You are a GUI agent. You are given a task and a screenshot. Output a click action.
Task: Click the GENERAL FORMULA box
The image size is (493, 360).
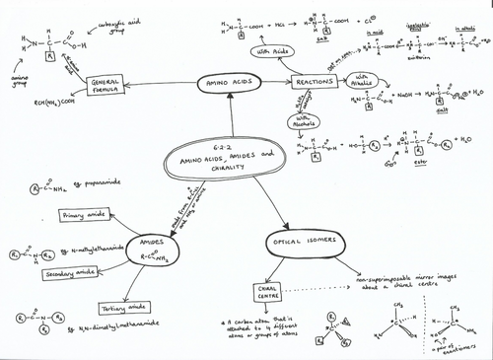pos(109,86)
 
